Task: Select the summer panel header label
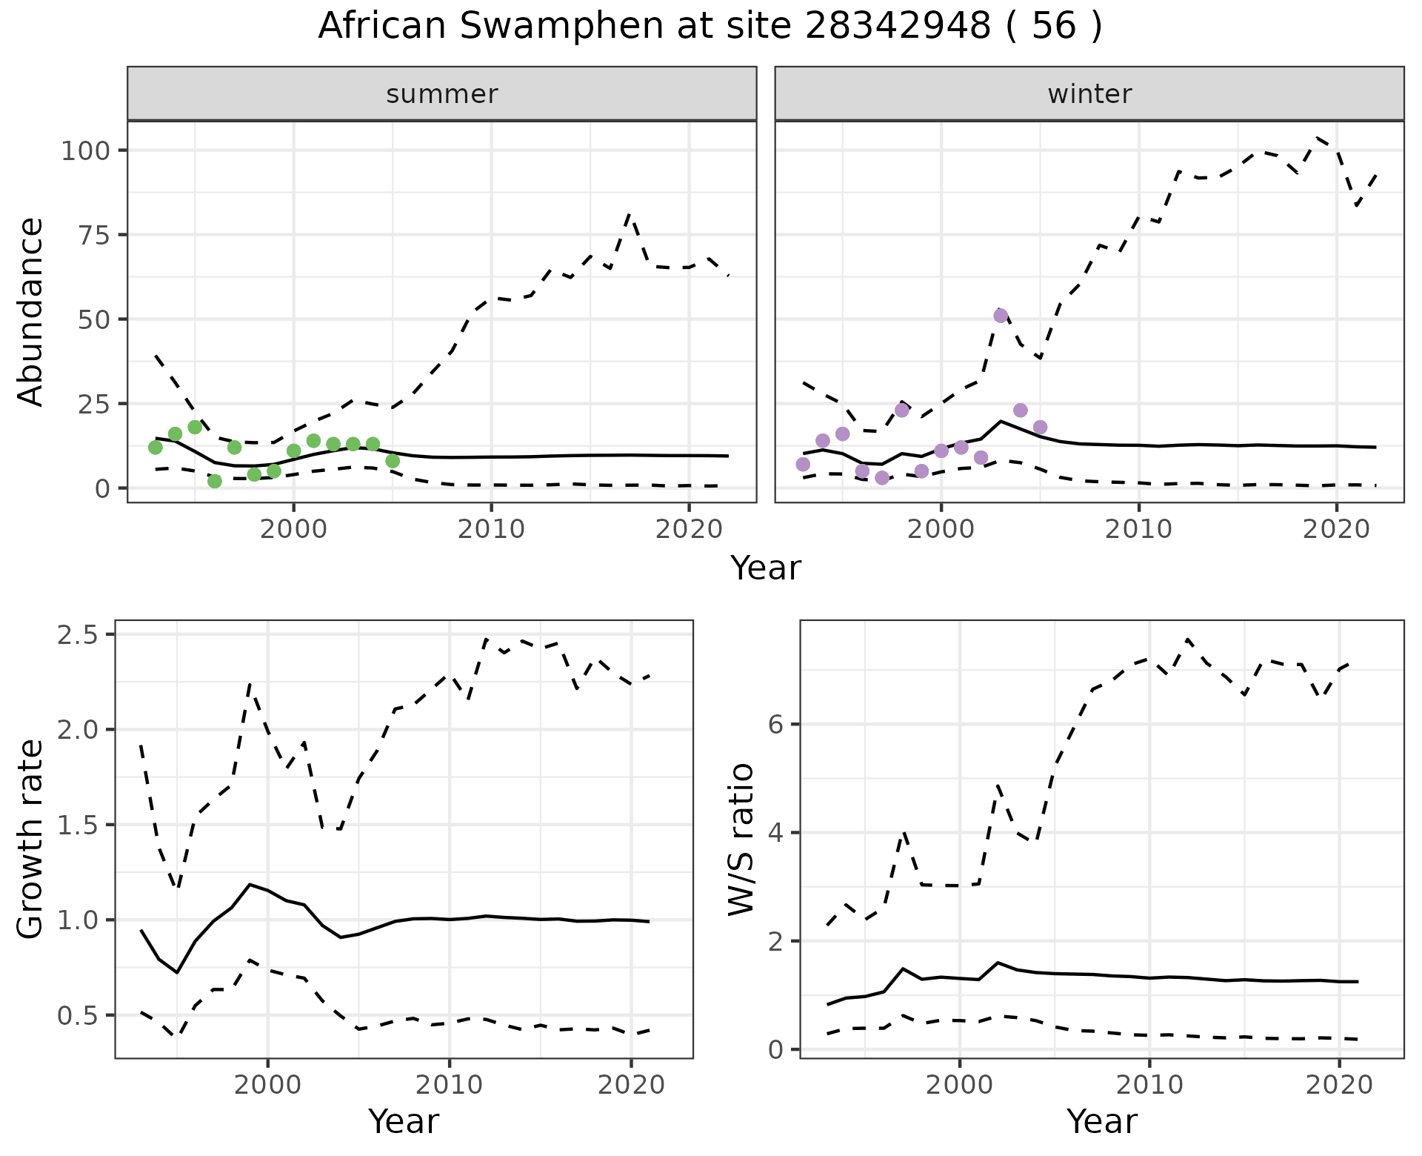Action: pos(442,94)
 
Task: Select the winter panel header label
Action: pos(1089,94)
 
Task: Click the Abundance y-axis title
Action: pos(31,312)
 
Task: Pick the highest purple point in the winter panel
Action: pos(1001,316)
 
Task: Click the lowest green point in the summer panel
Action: pos(215,481)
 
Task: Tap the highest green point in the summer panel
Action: pos(196,427)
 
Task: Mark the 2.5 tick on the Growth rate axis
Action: pos(80,635)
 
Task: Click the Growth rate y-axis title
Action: pos(31,839)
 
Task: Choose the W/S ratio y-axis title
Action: pos(741,839)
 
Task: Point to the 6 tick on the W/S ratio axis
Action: pos(776,724)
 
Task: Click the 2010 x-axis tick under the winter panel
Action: pos(1138,529)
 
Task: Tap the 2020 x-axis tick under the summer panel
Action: pos(689,529)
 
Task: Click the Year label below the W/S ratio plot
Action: pos(1102,1121)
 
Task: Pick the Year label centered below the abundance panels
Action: pos(766,568)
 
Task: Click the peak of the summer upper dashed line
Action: pos(629,214)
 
